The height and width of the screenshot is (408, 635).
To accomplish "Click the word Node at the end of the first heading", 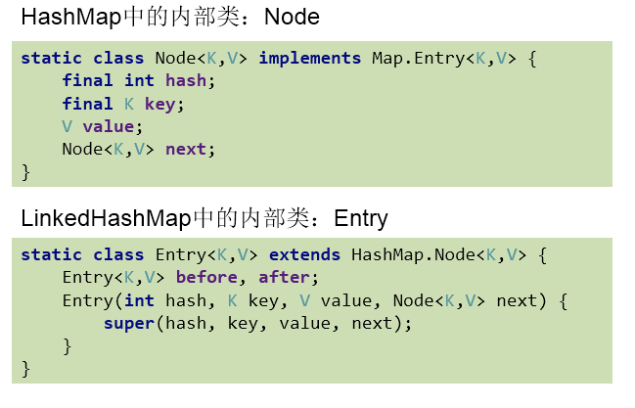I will point(293,18).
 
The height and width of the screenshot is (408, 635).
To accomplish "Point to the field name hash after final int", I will point(186,80).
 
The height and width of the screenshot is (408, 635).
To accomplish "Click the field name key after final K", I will point(164,103).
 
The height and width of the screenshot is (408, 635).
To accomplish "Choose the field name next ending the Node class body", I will point(186,149).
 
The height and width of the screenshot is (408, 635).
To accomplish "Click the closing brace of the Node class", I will point(25,171).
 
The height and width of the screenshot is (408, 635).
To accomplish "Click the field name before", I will point(206,277).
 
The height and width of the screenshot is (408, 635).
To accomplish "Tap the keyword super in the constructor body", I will point(128,323).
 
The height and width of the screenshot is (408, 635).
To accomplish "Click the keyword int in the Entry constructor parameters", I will point(139,300).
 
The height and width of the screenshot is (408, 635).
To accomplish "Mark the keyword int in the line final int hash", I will point(139,80).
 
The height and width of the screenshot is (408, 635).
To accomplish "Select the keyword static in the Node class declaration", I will point(51,58).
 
